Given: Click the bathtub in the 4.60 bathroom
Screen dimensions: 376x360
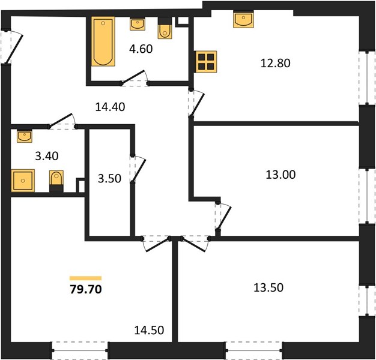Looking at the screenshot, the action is (103, 41).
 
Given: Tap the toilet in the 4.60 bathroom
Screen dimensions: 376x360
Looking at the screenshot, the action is (165, 29).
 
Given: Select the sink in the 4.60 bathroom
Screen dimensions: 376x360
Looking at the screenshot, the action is (138, 24).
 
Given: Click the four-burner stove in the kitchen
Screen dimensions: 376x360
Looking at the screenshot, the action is (206, 62).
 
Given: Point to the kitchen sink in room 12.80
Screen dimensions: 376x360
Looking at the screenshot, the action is (243, 20).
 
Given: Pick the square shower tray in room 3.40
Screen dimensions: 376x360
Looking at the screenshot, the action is (23, 181).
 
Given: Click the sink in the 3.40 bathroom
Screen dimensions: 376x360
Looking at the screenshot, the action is (25, 136).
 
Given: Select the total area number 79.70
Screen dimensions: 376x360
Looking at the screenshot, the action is (86, 289).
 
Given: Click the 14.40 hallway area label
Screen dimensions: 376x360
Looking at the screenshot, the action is (110, 107).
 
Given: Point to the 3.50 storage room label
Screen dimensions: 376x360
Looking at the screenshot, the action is (109, 179).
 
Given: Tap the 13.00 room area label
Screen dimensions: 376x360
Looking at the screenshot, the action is (280, 175).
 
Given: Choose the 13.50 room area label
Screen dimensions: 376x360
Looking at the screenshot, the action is (268, 287).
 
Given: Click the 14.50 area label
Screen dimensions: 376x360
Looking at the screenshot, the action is (149, 330).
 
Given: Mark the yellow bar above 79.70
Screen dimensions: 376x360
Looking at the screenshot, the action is (86, 278).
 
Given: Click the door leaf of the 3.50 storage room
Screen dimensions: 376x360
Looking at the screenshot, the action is (139, 170).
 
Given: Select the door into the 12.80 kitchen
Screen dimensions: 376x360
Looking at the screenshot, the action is (197, 104).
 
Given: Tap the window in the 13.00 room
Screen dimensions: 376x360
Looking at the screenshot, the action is (367, 196).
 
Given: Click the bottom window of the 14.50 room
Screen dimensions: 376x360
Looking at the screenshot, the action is (80, 350).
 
